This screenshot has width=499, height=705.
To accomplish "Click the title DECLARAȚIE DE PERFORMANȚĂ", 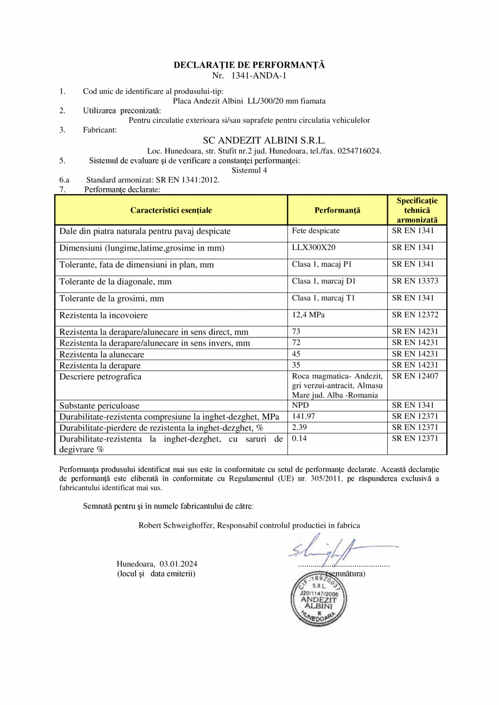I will coord(249,65).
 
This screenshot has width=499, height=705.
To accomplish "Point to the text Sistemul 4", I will coord(249,170).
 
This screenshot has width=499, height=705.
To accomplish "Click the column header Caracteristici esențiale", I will coord(171,210).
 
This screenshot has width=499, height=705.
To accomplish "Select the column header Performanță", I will coord(337,210).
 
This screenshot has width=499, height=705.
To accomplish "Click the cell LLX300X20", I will coord(311,248).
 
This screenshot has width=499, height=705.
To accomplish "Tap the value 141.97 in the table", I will coord(304,416).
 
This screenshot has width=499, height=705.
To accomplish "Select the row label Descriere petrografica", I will coord(100,377).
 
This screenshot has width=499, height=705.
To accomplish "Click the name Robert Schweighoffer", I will coord(176,525).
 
